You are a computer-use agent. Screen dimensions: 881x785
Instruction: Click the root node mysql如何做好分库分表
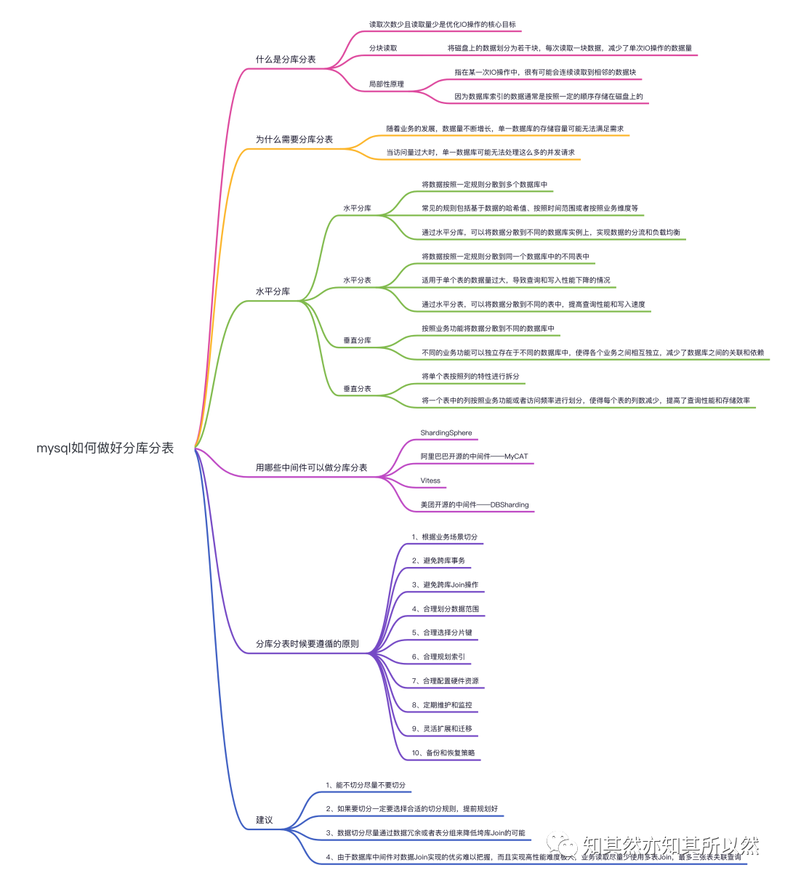(105, 448)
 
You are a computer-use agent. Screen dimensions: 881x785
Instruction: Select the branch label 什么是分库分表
(286, 60)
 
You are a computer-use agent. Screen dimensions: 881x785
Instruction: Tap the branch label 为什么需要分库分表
(294, 140)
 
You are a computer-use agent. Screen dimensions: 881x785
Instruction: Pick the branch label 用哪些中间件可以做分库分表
(311, 468)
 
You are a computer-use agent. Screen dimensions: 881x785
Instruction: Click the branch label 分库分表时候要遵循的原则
(307, 644)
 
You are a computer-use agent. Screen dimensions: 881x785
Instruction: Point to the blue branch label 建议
(264, 821)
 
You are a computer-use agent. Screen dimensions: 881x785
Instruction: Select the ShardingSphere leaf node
(446, 433)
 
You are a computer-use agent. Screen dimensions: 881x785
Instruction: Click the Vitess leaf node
(430, 481)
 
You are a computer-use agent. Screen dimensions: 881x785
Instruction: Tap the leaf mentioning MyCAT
(474, 457)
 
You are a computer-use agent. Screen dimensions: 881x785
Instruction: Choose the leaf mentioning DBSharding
(475, 505)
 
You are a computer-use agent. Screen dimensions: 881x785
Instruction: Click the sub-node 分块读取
(383, 49)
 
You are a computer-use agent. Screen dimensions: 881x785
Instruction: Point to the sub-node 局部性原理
(386, 84)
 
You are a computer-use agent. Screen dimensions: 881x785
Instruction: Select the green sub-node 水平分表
(357, 281)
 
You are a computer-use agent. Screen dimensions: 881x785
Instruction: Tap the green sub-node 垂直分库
(357, 341)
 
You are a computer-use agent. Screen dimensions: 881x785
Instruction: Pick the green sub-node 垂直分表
(357, 390)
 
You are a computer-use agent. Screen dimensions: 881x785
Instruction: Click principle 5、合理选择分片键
(442, 633)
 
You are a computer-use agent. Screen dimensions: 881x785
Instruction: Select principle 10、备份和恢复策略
(443, 753)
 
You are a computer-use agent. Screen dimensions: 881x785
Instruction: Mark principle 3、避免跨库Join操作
(445, 585)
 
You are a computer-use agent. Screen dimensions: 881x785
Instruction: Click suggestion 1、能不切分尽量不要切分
(366, 786)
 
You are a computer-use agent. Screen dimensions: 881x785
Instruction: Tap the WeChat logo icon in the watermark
(563, 845)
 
